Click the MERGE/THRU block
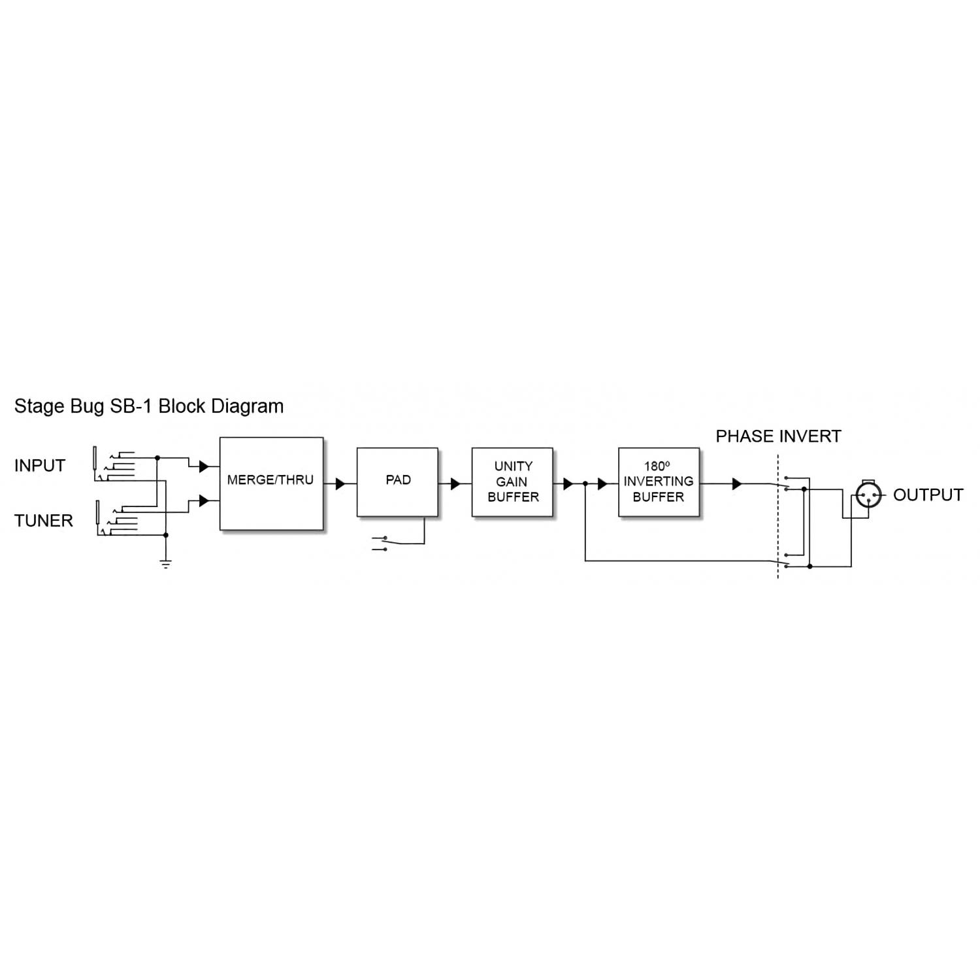[271, 483]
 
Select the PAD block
[397, 482]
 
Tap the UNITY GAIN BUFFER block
[512, 482]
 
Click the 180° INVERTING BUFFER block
[659, 482]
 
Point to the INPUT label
[40, 466]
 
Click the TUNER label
[44, 521]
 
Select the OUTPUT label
[928, 495]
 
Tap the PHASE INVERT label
[778, 436]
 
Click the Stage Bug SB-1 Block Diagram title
[149, 406]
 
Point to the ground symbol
[166, 563]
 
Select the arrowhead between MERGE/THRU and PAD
[340, 484]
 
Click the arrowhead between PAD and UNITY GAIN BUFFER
[455, 484]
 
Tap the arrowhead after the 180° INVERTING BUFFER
[737, 484]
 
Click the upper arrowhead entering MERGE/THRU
[203, 467]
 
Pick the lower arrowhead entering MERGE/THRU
[203, 501]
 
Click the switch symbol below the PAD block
[380, 544]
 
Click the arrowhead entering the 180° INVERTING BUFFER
[602, 484]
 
